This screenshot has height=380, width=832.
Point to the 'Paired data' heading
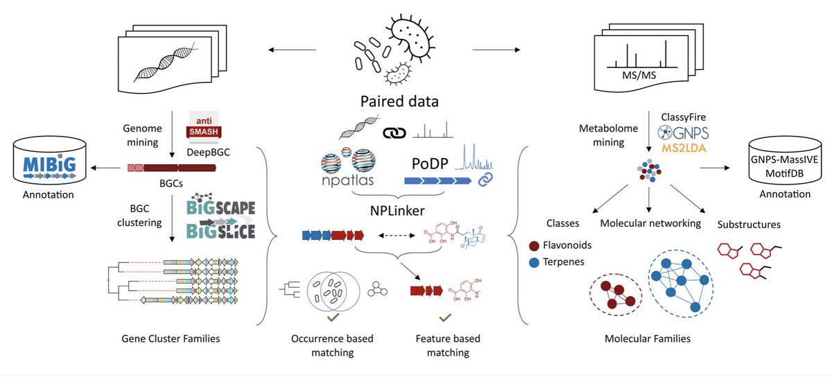pyautogui.click(x=399, y=102)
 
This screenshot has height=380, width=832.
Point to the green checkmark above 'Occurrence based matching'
pyautogui.click(x=332, y=318)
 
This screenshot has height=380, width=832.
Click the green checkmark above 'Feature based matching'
pyautogui.click(x=444, y=318)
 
